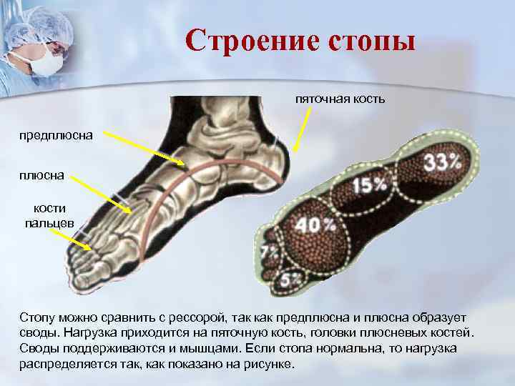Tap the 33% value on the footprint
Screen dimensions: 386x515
point(441,162)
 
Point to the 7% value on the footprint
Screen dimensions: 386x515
point(270,252)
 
